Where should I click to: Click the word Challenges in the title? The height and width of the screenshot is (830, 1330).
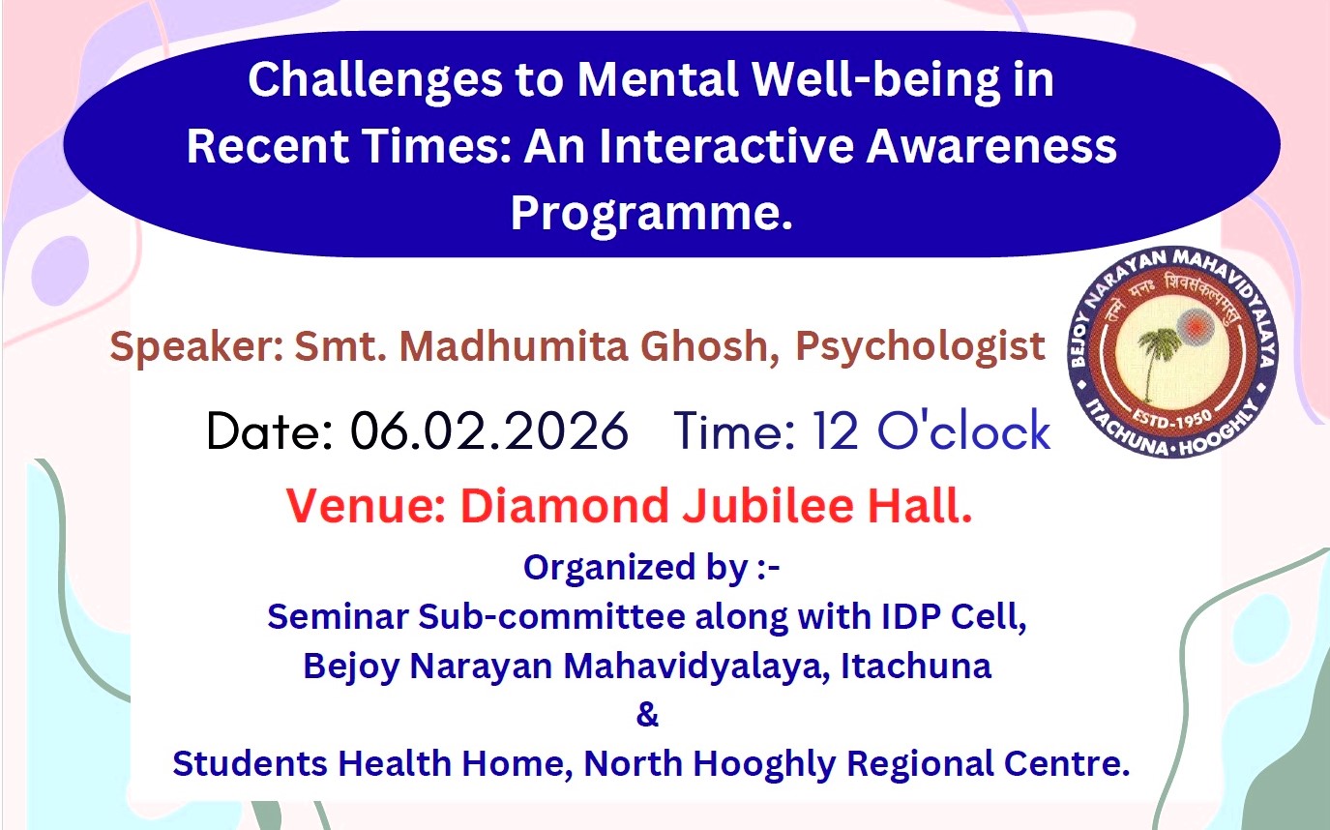[375, 81]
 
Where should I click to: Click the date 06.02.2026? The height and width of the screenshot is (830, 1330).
[489, 430]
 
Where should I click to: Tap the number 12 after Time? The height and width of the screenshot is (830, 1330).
[836, 430]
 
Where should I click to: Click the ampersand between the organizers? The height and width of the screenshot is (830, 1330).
[647, 714]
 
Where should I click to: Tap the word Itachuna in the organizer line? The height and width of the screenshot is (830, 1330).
[916, 667]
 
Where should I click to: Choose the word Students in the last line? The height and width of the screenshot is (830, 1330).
[250, 763]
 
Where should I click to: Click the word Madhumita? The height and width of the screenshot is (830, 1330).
[514, 346]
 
